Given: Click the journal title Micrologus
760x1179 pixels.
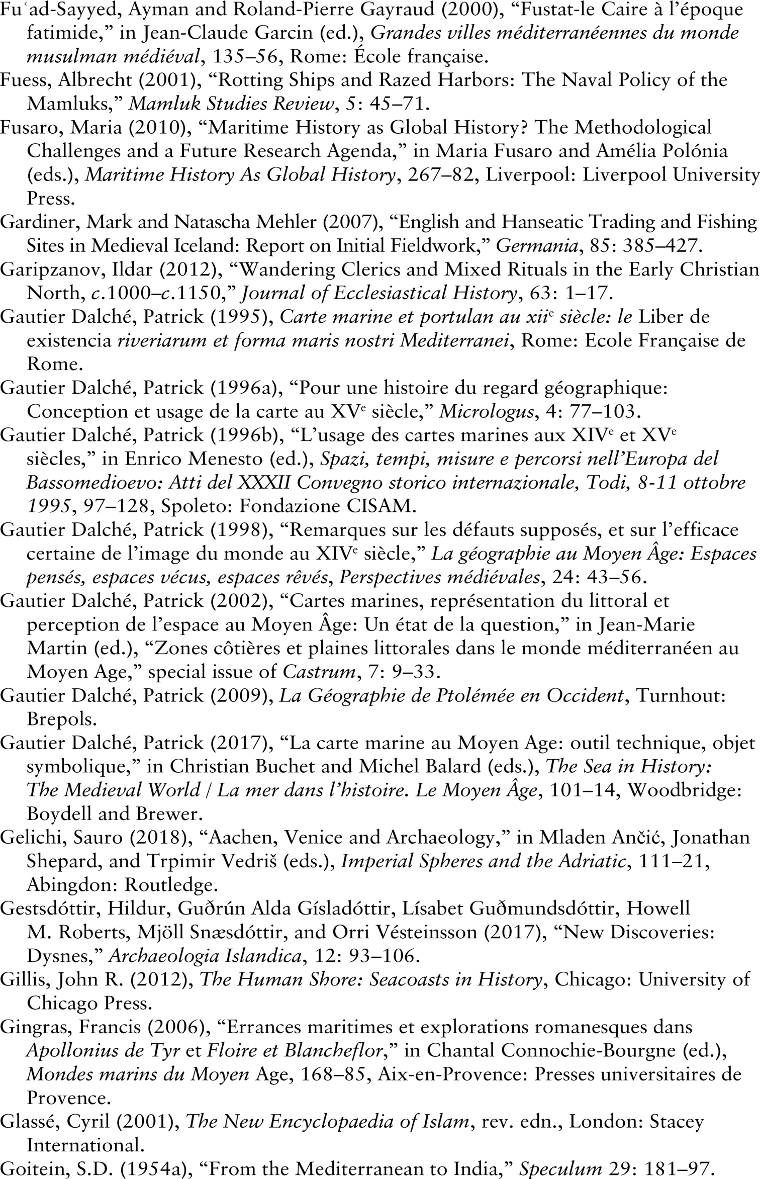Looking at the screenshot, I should click(486, 412).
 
